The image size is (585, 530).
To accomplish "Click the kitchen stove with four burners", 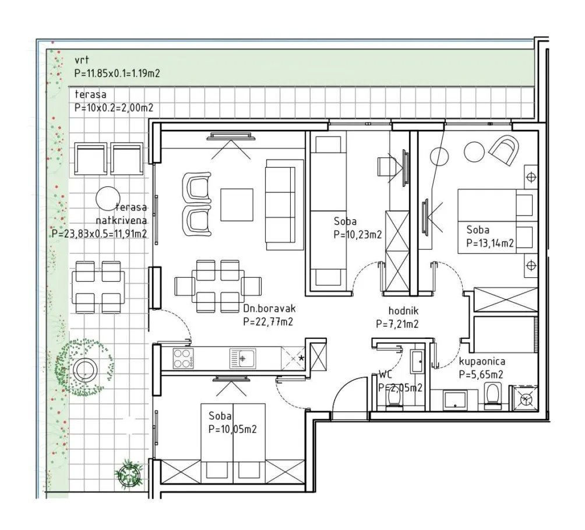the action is point(183,358).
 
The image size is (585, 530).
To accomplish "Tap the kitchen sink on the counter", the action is point(242,358).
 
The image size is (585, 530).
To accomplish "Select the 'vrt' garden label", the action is point(82,59).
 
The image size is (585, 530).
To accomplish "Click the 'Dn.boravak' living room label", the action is point(269,309).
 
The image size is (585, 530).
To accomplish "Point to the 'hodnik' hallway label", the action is point(403,310).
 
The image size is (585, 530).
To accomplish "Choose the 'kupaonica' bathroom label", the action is point(482,361).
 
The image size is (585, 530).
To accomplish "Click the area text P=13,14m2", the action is point(490,243).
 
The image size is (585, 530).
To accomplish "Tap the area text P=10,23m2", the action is point(357,235).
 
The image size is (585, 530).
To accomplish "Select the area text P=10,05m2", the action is point(232,429).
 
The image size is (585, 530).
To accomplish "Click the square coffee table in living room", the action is point(237,205).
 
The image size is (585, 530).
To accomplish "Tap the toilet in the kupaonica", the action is point(493,395).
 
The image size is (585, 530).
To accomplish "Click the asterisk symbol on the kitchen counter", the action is point(301,358).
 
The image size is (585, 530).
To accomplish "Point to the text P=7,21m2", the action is point(397,324).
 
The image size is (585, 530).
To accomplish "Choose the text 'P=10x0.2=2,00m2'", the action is point(114,108).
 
